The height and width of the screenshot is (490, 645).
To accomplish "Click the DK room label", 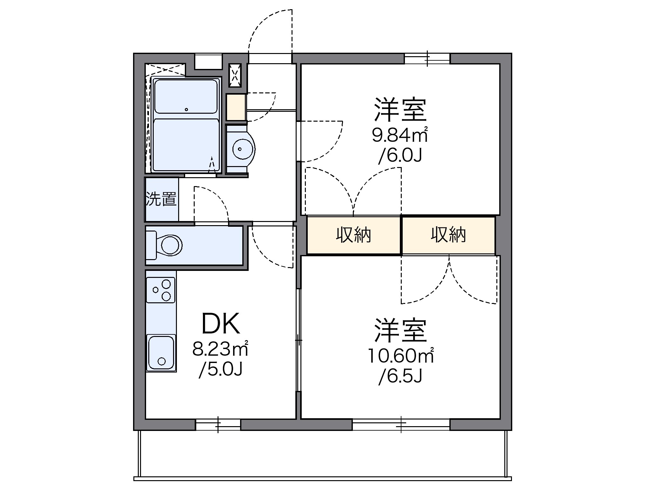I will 221,324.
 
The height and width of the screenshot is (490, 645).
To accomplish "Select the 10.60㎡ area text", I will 400,356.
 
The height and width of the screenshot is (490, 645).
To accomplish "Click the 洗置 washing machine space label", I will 161,199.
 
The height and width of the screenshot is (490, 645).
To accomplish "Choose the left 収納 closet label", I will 353,235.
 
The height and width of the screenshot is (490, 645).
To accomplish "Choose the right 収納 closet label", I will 448,235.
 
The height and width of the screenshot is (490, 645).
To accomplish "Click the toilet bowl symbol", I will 171,245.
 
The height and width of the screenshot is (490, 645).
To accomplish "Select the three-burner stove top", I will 161,290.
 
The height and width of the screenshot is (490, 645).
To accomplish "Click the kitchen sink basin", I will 161,352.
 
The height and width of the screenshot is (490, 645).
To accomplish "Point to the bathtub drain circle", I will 186,110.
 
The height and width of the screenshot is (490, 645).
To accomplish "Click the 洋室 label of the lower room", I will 400,330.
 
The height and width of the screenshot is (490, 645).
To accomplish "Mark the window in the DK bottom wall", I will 218,425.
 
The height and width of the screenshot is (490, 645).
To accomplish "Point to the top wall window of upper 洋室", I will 427,58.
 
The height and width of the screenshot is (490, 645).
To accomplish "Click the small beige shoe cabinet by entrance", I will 236,107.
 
